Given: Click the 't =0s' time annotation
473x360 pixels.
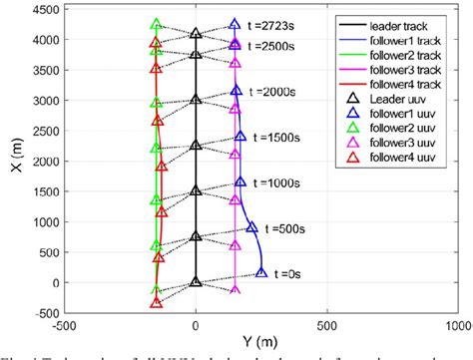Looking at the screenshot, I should point(286,273).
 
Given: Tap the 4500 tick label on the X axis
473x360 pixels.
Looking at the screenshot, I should point(44,11).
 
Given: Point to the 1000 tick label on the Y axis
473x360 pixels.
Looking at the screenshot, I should point(456,326).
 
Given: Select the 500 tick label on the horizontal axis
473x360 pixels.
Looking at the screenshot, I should point(326,326).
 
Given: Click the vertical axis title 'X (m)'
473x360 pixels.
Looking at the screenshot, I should point(12,160).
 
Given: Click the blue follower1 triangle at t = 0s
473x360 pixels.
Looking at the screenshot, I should point(261,271).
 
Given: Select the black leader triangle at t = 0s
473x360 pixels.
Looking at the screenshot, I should point(196,282).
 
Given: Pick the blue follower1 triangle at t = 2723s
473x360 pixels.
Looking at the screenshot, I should point(235,24).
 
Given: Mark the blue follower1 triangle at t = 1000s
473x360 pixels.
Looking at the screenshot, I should point(240,182).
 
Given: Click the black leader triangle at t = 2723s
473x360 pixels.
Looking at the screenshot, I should point(196,34).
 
